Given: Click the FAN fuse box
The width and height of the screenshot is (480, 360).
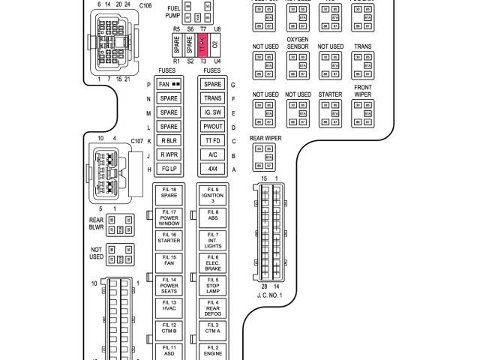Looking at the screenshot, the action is point(169,84).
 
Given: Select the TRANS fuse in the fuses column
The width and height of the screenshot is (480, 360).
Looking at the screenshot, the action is point(213,98).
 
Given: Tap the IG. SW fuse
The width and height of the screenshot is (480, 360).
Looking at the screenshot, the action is point(213,112).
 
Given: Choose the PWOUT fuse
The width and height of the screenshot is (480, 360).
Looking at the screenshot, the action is point(213,127).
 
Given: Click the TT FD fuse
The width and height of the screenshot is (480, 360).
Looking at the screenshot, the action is point(213,141).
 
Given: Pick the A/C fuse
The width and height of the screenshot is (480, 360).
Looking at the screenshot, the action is point(213,155).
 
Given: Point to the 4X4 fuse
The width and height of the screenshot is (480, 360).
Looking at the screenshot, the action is point(213,169).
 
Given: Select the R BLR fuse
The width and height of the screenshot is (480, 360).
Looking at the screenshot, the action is point(169,141).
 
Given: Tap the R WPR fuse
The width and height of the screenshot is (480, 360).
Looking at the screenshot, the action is point(169,155).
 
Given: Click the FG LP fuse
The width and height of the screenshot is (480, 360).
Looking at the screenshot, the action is point(169,169).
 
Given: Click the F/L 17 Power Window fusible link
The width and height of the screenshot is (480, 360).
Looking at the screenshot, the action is point(169,218).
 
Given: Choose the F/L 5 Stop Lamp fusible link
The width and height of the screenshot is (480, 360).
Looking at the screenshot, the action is point(213,284).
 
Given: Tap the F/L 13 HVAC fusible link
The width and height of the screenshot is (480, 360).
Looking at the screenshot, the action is point(169,307).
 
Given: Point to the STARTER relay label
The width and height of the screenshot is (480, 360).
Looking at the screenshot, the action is point(330,94).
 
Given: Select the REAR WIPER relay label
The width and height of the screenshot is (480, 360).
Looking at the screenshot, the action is point(265,138).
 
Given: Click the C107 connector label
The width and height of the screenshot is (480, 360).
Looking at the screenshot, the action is point(137,140).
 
